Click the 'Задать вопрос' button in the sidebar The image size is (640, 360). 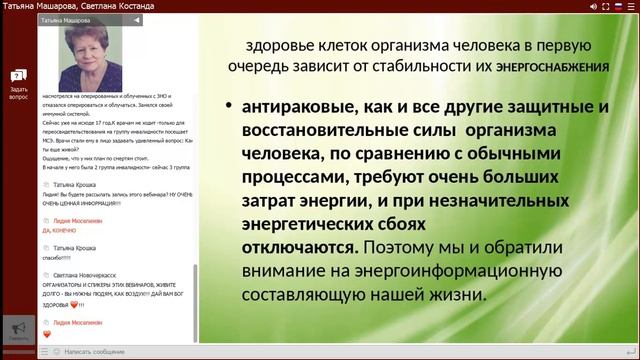click(x=18, y=85)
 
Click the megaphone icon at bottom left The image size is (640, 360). click(x=17, y=328)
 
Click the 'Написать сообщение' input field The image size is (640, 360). click(x=95, y=352)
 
